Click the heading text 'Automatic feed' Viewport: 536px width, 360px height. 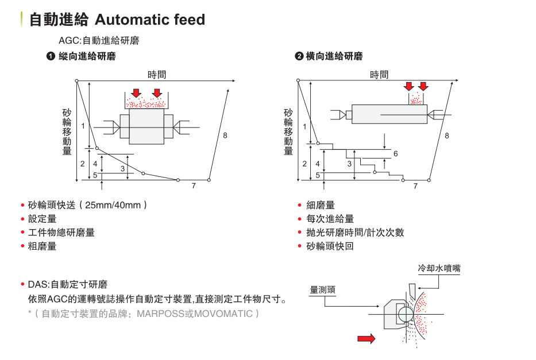point(149,20)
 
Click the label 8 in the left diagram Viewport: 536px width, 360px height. point(225,136)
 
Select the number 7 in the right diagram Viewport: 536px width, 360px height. point(415,186)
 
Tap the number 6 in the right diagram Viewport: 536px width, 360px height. point(396,154)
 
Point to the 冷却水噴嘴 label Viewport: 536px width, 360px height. point(439,268)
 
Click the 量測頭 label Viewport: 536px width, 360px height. point(322,290)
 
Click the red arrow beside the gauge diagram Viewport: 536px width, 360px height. point(366,339)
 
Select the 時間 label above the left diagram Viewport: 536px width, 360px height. point(157,75)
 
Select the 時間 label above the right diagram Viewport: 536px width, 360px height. point(379,75)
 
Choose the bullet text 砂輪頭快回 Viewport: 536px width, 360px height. point(330,246)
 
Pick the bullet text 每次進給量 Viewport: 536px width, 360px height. point(330,219)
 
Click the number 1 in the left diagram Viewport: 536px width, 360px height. point(83,125)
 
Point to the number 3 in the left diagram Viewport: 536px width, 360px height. point(123,169)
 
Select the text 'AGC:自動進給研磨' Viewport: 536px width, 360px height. point(99,41)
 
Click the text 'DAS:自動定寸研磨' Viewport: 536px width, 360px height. point(67,285)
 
